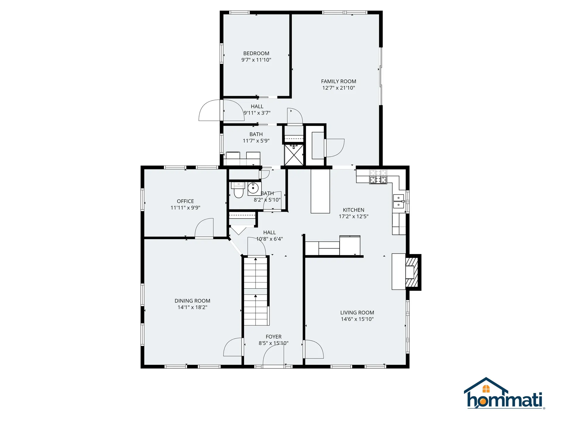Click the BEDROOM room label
256,53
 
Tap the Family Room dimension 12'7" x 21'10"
338,88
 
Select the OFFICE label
185,201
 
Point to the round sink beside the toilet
253,188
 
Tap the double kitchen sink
398,201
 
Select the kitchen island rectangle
320,191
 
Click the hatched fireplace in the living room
412,272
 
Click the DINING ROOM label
192,301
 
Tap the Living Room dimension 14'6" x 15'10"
357,319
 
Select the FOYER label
273,337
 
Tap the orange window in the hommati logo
486,389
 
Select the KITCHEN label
354,210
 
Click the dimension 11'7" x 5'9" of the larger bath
256,141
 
